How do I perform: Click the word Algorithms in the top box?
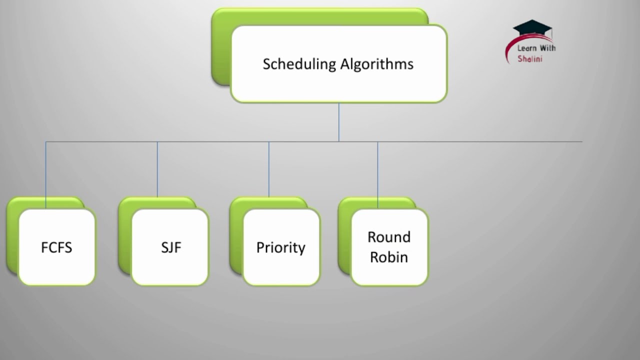(x=377, y=64)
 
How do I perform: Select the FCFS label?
(x=56, y=247)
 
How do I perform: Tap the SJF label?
(x=170, y=247)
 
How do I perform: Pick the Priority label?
(x=280, y=247)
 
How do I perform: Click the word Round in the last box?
(x=388, y=237)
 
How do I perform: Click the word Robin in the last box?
(x=388, y=257)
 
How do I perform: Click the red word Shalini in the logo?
(x=530, y=59)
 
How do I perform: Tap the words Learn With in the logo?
(x=536, y=48)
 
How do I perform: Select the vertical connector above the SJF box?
(x=157, y=170)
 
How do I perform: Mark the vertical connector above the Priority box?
(x=269, y=170)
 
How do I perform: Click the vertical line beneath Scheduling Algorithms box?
(x=339, y=122)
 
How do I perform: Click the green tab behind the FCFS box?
(x=12, y=235)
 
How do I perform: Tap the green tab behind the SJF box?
(x=124, y=235)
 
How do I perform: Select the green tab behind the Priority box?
(x=235, y=235)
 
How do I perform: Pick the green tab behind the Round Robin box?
(x=344, y=235)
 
